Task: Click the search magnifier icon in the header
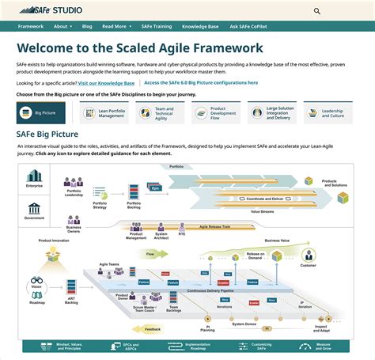(x=317, y=12)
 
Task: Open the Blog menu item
(x=87, y=26)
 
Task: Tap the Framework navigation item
(x=31, y=26)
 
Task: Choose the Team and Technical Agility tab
(x=157, y=112)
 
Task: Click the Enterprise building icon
(x=34, y=176)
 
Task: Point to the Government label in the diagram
(x=34, y=217)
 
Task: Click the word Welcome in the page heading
(x=53, y=48)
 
